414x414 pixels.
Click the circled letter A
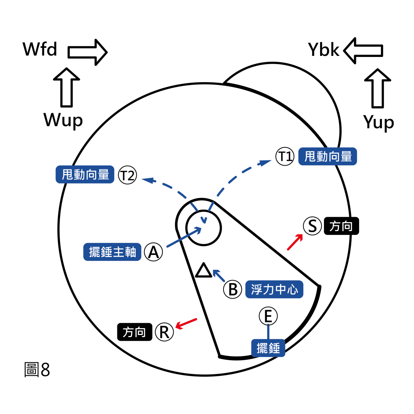tap(154, 252)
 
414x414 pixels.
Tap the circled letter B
tap(233, 289)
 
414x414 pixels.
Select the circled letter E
tap(268, 316)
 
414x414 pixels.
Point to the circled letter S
tap(312, 226)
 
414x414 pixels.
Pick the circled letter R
tap(164, 332)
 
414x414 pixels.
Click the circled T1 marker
tap(285, 157)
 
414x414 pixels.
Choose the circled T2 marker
tap(127, 175)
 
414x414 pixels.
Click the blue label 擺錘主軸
tap(112, 252)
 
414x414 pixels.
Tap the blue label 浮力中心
tap(274, 289)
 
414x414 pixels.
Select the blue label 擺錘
tap(268, 348)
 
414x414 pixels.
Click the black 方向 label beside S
tap(341, 226)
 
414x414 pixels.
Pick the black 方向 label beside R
tap(135, 332)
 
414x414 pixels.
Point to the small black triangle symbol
tap(204, 270)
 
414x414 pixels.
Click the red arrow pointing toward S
tap(295, 242)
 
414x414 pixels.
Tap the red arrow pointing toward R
tap(186, 323)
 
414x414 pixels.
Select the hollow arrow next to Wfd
tap(88, 52)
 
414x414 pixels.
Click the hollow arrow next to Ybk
tap(363, 50)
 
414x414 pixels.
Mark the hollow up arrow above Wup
tap(67, 88)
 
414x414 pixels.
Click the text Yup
tap(378, 123)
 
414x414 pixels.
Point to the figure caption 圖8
tap(37, 370)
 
